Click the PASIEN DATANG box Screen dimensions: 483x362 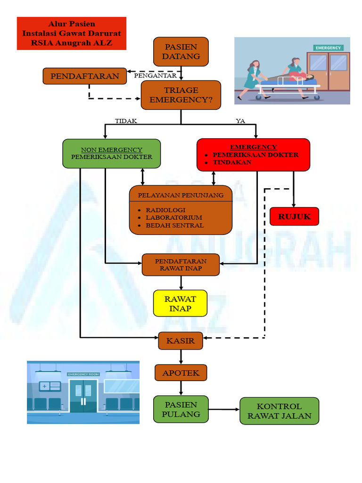tap(181, 51)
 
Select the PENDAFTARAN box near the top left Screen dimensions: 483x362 tap(85, 76)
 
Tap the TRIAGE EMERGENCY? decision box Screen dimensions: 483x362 tap(181, 95)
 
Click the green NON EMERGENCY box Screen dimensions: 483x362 tap(111, 153)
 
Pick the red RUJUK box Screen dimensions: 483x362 tap(294, 217)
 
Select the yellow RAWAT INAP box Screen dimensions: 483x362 tap(180, 303)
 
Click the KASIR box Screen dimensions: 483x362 tap(181, 341)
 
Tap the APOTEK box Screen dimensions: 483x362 tap(181, 373)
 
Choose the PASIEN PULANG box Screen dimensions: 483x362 tap(181, 409)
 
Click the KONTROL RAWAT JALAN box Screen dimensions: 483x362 tap(280, 411)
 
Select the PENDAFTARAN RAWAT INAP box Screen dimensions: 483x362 tap(181, 265)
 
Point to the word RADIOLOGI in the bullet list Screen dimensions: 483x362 tap(165, 210)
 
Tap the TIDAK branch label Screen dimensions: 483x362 tap(126, 121)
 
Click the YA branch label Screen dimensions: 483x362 tap(240, 121)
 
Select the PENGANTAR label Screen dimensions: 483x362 tap(155, 75)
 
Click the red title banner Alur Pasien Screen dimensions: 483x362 tap(72, 33)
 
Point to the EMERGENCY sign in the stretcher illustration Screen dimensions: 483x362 tap(328, 48)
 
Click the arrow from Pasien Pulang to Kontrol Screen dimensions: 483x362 tap(224, 409)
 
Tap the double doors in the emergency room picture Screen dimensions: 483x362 tap(83, 395)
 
